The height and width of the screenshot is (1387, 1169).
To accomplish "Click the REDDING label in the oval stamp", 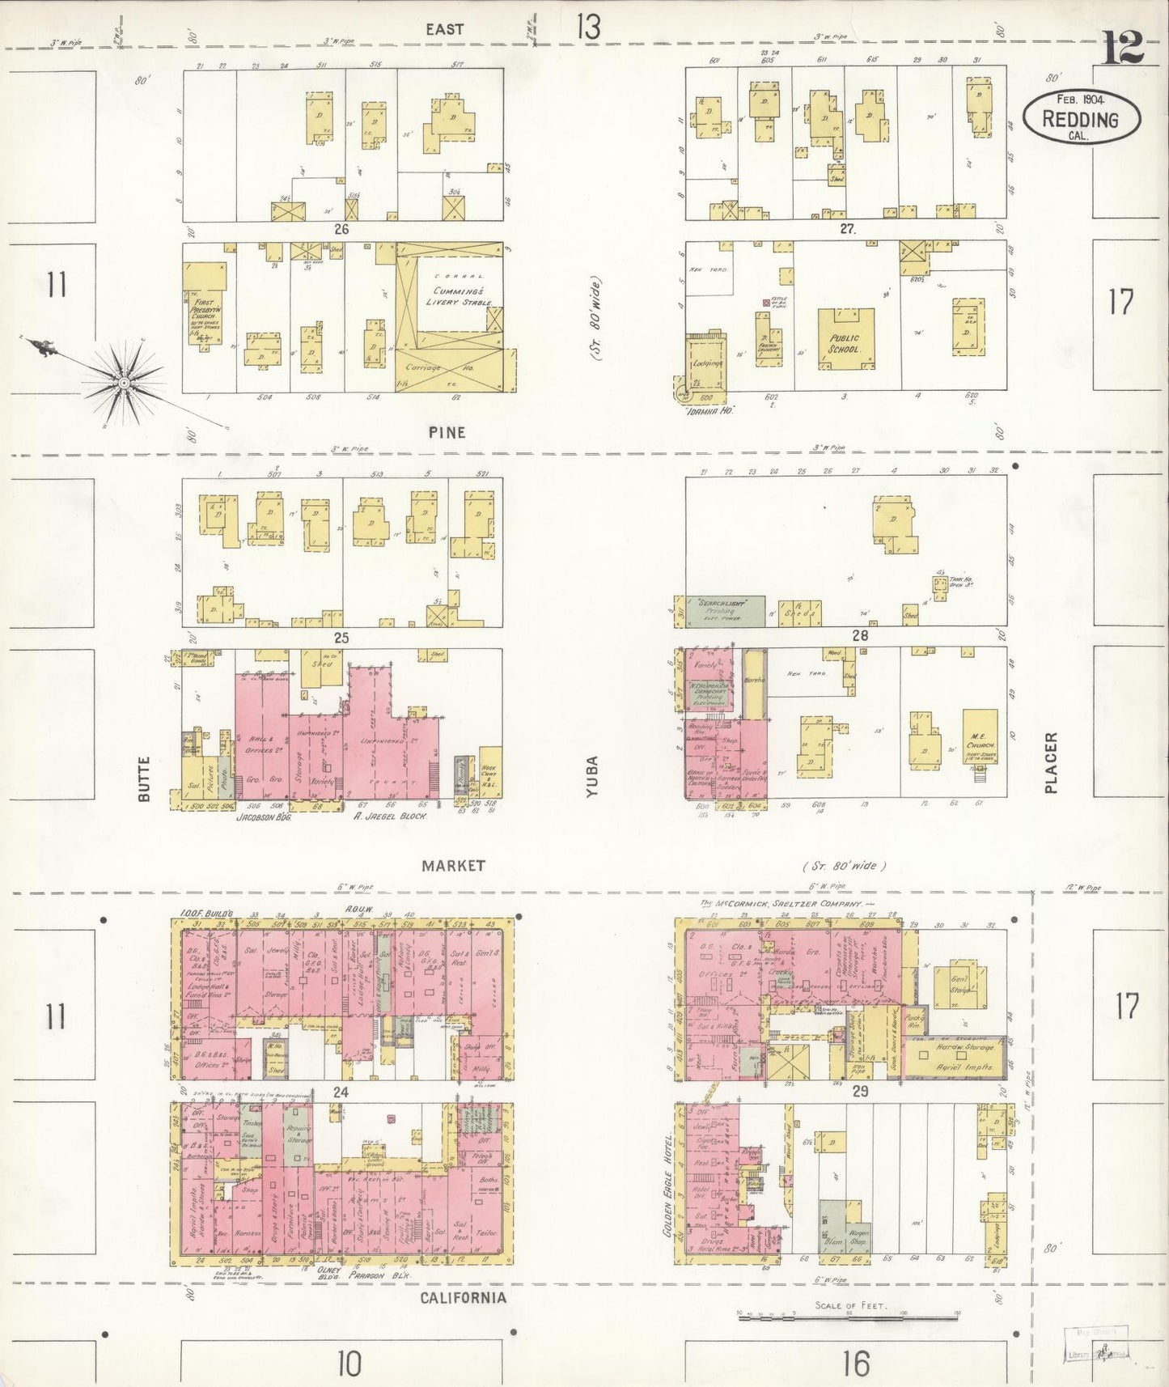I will [1081, 120].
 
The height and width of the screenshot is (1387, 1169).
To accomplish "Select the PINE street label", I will [447, 432].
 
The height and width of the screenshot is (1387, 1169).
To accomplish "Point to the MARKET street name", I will [453, 865].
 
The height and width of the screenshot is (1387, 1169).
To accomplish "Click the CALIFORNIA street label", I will [463, 1297].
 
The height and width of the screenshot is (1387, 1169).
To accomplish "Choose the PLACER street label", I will [1051, 762].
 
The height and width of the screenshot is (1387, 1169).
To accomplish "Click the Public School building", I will [845, 338].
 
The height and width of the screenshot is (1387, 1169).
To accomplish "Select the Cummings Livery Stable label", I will [457, 295].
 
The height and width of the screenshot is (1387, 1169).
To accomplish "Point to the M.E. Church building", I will [980, 736].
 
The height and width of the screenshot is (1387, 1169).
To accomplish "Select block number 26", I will [341, 229].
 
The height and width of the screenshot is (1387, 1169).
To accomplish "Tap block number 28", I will [859, 636].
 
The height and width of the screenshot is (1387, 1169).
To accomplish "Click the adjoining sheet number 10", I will [349, 1364].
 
